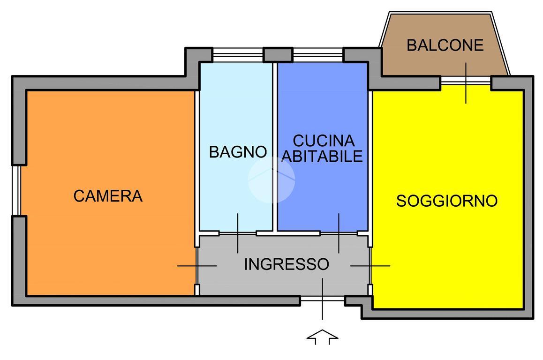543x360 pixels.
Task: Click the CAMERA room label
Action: point(108,196)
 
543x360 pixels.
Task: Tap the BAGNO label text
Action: point(238,152)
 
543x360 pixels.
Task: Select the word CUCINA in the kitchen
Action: point(323,141)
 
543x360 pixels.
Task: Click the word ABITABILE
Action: point(323,156)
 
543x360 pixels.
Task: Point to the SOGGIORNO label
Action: point(446,201)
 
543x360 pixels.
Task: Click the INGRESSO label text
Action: point(287,264)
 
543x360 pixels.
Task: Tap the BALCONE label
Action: point(445,45)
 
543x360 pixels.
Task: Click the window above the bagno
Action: point(237,55)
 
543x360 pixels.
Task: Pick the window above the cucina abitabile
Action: point(318,55)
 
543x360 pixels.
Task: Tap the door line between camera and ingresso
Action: point(197,266)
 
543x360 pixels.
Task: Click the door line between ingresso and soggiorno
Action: point(370,266)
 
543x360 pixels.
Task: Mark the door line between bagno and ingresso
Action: point(238,232)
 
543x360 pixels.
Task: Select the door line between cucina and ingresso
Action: point(339,232)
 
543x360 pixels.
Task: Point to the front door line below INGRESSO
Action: point(323,299)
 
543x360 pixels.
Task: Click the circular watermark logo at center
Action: point(271,180)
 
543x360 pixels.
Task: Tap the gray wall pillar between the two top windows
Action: point(278,55)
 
